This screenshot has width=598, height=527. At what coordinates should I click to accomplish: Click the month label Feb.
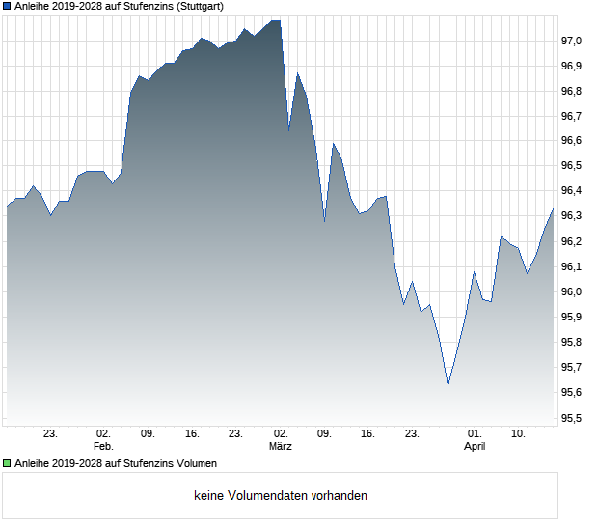tap(103, 447)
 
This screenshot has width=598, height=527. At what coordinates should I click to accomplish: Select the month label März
tap(280, 447)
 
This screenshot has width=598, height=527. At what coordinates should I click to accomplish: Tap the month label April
tap(475, 447)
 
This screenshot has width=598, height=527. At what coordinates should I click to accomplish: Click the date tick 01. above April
tap(475, 434)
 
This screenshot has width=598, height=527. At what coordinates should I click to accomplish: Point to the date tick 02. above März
tap(280, 434)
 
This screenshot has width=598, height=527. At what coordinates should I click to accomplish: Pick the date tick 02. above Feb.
tap(103, 434)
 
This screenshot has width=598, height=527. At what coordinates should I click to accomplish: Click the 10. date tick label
tap(518, 434)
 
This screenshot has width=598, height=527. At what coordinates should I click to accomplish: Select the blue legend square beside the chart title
tap(8, 6)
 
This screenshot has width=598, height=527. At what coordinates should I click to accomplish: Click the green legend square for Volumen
tap(8, 463)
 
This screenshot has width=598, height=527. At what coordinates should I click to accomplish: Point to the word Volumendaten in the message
tap(266, 496)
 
